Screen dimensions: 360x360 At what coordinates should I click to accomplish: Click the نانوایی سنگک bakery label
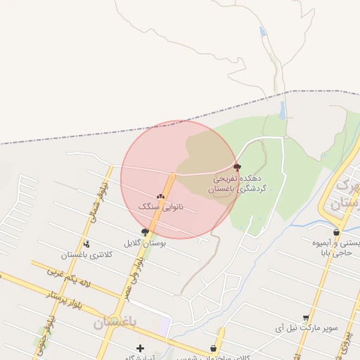(161, 207)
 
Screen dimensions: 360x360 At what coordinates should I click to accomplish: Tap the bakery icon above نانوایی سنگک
(161, 197)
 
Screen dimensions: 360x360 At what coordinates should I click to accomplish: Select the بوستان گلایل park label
(143, 243)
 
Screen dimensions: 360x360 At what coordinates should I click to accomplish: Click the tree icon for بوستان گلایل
(145, 232)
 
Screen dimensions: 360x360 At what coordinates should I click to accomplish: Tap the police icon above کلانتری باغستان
(87, 244)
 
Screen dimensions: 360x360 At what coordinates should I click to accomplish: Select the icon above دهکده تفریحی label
(237, 167)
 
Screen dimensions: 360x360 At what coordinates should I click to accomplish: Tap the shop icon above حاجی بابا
(337, 232)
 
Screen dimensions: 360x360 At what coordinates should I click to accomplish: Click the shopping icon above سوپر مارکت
(305, 319)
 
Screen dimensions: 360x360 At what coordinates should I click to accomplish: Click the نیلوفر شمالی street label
(94, 199)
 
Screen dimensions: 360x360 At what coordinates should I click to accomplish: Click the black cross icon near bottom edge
(140, 348)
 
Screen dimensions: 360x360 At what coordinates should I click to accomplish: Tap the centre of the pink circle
(179, 180)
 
